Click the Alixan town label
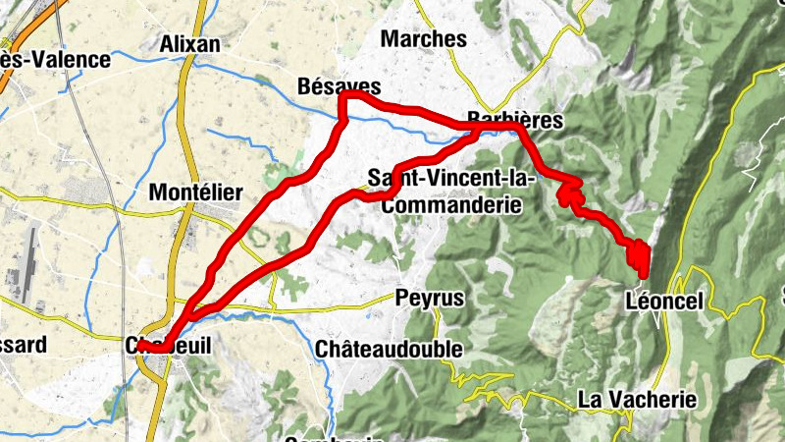189,44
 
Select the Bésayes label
338,86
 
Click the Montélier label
194,193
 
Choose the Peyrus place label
429,298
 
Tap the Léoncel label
664,302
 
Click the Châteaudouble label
389,349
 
